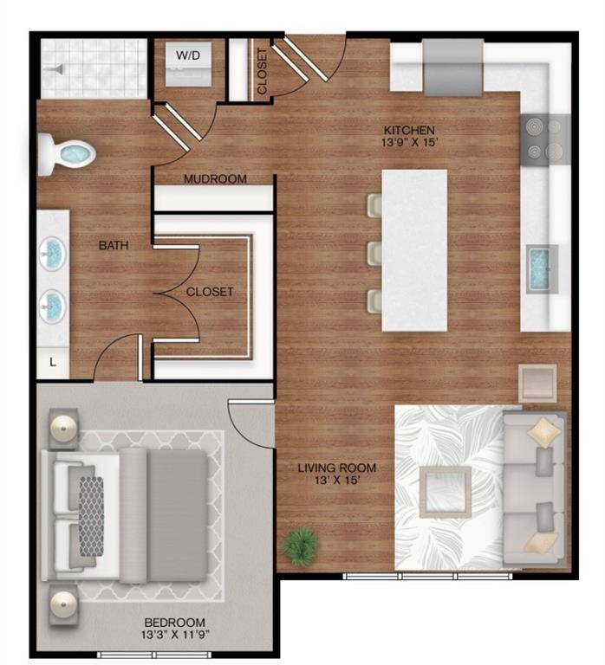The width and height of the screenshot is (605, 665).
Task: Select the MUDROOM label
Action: (x=215, y=179)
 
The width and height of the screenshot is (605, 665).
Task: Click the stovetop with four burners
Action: (x=544, y=139)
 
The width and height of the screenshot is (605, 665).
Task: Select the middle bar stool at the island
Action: (x=374, y=254)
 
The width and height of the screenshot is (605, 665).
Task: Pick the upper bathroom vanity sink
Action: (x=53, y=255)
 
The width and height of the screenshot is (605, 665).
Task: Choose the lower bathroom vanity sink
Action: (x=53, y=304)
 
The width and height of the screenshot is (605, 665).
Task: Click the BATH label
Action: (x=114, y=246)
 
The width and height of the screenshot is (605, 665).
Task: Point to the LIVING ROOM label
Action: (x=336, y=475)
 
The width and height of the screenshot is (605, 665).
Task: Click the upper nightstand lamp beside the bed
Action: (x=63, y=429)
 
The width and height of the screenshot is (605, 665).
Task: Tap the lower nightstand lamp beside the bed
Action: (x=63, y=604)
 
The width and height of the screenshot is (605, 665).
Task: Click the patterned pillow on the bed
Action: (x=91, y=516)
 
